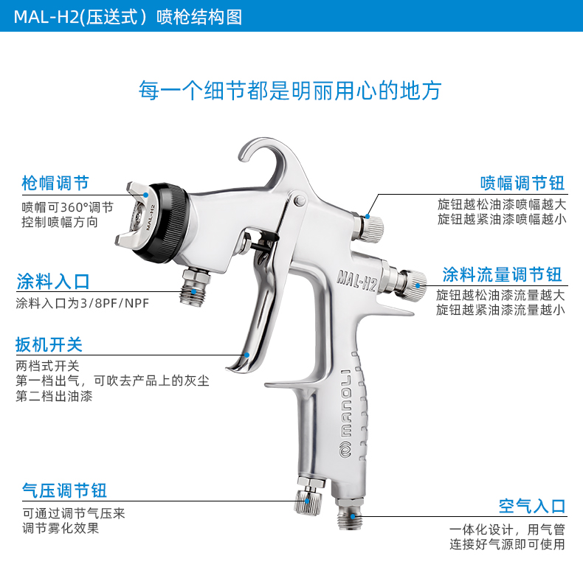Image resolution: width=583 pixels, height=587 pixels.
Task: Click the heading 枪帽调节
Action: pyautogui.click(x=55, y=183)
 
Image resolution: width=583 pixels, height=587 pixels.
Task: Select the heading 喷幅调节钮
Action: pyautogui.click(x=522, y=183)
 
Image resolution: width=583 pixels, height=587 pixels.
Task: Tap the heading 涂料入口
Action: pyautogui.click(x=53, y=282)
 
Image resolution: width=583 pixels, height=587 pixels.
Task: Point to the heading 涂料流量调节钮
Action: pyautogui.click(x=502, y=274)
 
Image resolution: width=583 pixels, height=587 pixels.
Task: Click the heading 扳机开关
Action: pyautogui.click(x=49, y=344)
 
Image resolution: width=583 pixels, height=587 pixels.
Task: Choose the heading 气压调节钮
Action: pyautogui.click(x=64, y=490)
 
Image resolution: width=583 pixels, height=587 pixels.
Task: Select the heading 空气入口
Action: pyautogui.click(x=531, y=506)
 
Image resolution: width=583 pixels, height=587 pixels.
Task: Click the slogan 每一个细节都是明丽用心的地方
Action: pyautogui.click(x=290, y=90)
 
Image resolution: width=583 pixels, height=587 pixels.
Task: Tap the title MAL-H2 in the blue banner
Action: pyautogui.click(x=46, y=17)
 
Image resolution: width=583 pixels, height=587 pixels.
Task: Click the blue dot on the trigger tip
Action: pyautogui.click(x=247, y=355)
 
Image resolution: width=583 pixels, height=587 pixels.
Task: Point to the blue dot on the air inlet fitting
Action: pyautogui.click(x=353, y=517)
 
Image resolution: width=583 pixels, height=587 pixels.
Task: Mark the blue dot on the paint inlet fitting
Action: pyautogui.click(x=193, y=291)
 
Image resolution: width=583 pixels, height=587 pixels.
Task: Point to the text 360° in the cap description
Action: pyautogui.click(x=75, y=207)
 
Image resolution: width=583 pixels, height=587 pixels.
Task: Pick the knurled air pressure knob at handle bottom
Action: pyautogui.click(x=308, y=501)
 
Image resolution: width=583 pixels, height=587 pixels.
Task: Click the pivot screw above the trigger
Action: pyautogui.click(x=300, y=201)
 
